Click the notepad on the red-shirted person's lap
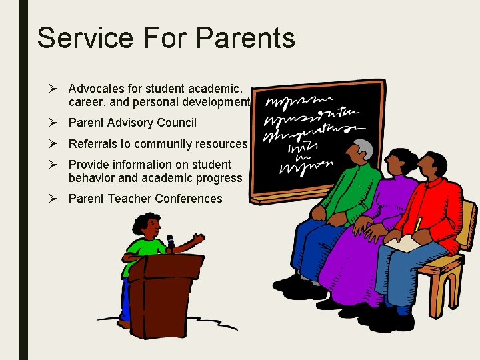(x=403, y=243)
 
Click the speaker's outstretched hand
(x=198, y=237)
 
